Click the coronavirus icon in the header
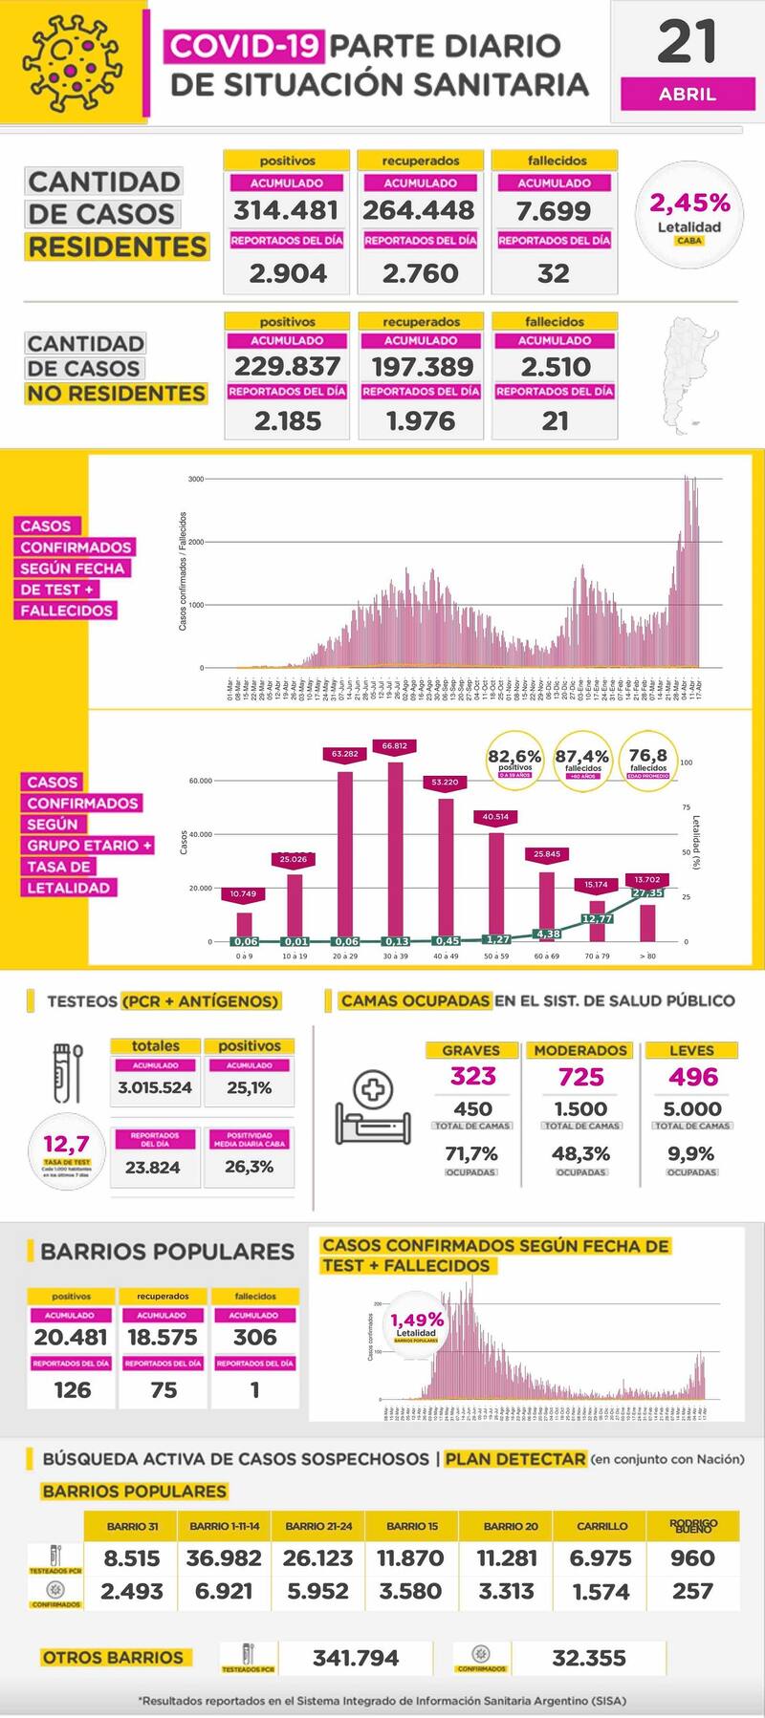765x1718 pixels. tap(74, 62)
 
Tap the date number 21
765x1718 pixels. tap(687, 42)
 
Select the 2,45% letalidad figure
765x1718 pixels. tap(689, 204)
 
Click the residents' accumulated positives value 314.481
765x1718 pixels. tap(286, 210)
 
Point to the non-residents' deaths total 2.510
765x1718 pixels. tap(555, 367)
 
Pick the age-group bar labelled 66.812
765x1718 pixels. tap(395, 850)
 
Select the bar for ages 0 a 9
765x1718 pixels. tap(244, 926)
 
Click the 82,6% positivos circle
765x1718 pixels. tap(514, 760)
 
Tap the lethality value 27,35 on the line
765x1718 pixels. tap(648, 892)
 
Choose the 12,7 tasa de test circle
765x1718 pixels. tap(66, 1149)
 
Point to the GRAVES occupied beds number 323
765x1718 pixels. tap(472, 1077)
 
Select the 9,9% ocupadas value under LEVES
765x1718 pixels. tap(691, 1154)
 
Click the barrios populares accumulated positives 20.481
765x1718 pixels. tap(72, 1338)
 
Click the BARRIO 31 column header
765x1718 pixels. tap(133, 1526)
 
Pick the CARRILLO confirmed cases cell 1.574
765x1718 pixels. tap(601, 1592)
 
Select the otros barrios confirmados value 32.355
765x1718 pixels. tap(589, 1658)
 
